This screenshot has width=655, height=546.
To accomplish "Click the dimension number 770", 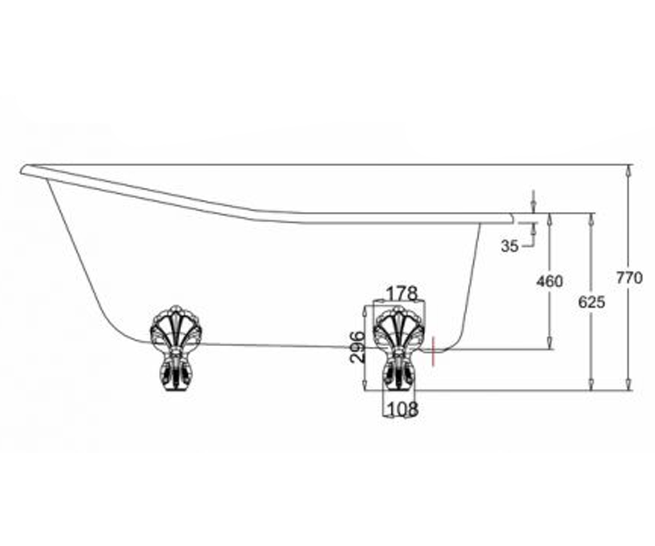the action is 629,278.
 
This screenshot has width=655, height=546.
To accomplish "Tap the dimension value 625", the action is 591,302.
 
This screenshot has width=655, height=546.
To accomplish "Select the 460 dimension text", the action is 549,281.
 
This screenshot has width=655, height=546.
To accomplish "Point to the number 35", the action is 510,246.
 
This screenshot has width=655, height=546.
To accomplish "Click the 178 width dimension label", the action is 402,294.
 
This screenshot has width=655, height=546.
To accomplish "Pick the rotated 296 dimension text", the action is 358,347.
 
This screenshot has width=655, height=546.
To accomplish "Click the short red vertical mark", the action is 433,352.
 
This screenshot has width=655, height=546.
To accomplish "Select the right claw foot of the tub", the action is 399,348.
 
